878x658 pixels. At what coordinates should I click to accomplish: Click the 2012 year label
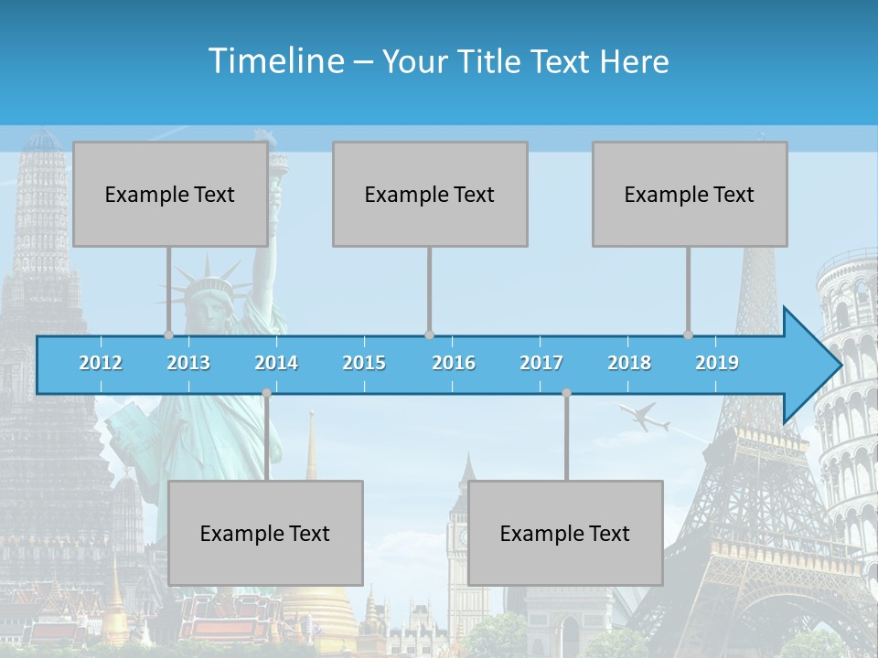pyautogui.click(x=101, y=363)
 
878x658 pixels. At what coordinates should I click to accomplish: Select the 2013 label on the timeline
pyautogui.click(x=188, y=363)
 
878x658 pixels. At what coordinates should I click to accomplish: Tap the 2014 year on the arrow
pyautogui.click(x=276, y=363)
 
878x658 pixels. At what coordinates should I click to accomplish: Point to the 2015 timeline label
pyautogui.click(x=364, y=363)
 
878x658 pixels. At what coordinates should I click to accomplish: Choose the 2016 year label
pyautogui.click(x=454, y=363)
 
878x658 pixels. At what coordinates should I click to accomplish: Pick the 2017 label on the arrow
pyautogui.click(x=541, y=363)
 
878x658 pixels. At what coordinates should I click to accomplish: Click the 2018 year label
pyautogui.click(x=629, y=363)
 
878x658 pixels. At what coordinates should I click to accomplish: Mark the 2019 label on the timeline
pyautogui.click(x=717, y=363)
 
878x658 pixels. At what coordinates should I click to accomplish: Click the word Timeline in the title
pyautogui.click(x=275, y=61)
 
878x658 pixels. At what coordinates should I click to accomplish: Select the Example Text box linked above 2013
pyautogui.click(x=170, y=194)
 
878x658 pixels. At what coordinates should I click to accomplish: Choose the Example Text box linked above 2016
pyautogui.click(x=430, y=194)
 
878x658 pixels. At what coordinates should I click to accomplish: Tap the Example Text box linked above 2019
pyautogui.click(x=690, y=194)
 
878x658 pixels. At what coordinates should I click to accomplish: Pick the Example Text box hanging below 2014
pyautogui.click(x=265, y=533)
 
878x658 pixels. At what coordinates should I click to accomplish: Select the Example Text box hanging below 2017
pyautogui.click(x=565, y=533)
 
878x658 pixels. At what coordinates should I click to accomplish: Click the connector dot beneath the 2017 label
pyautogui.click(x=566, y=393)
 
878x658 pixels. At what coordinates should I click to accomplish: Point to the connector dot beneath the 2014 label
pyautogui.click(x=266, y=393)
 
